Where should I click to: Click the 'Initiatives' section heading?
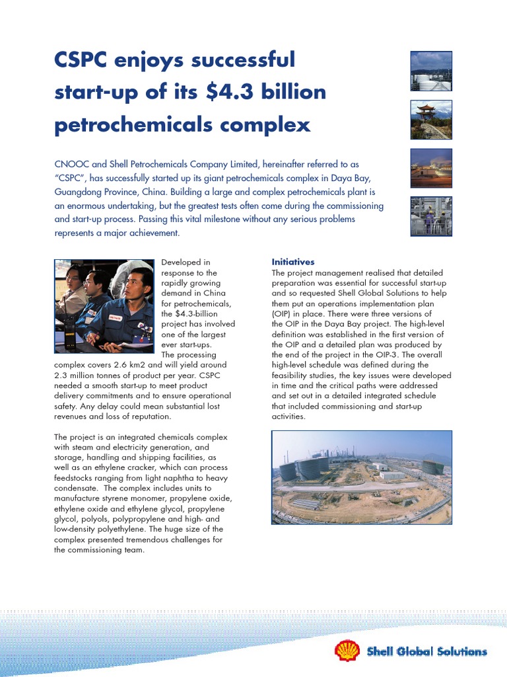pos(293,262)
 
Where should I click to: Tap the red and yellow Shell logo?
pos(347,651)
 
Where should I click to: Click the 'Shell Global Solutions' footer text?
pos(426,652)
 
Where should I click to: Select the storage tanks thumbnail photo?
pos(431,71)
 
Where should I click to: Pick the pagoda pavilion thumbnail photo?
pos(431,120)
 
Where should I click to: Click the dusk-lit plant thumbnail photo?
pos(431,168)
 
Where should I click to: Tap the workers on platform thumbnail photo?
pos(431,216)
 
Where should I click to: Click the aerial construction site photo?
pos(362,477)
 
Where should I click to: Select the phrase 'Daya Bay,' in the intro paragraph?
pos(360,177)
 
